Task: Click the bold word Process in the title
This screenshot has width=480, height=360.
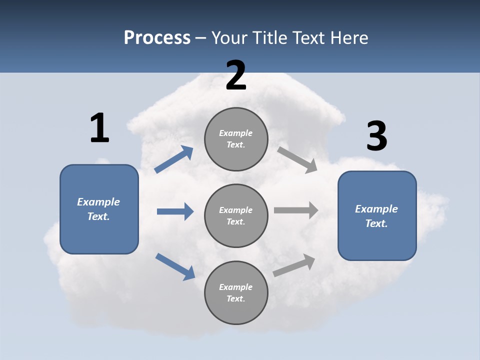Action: pos(157,37)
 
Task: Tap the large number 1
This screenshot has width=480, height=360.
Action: pos(99,128)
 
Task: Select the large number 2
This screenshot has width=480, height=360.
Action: pos(236,75)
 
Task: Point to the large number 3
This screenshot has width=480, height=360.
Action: pos(376,136)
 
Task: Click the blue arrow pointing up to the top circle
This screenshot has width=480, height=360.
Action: pos(173,159)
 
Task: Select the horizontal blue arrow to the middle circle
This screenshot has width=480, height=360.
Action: pos(175,211)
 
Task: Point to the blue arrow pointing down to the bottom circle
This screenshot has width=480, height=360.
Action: pos(175,266)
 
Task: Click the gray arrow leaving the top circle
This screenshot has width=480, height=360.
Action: pos(297,160)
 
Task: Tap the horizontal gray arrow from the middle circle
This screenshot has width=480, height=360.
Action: pos(296,210)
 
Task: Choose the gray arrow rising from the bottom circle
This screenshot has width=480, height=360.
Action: pos(294,265)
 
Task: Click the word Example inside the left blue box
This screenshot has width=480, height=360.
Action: pos(98,202)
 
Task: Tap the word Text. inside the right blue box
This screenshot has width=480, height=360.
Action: pos(376,223)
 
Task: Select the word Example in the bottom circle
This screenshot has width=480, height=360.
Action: pos(236,287)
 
